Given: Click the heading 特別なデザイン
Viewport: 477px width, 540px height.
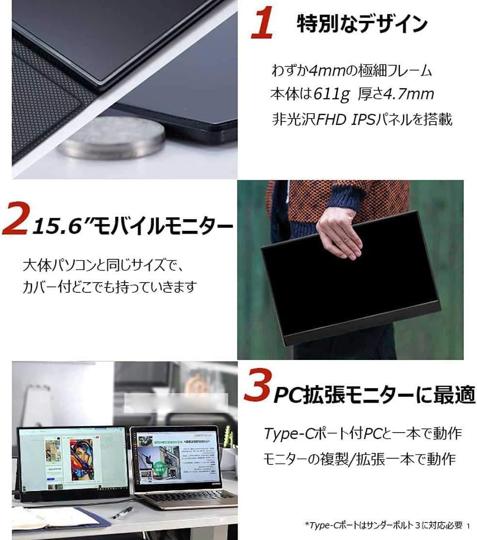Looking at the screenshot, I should (x=362, y=24).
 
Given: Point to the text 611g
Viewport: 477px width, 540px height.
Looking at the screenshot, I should (x=331, y=94).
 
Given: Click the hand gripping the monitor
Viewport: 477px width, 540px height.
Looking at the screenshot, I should (x=339, y=232).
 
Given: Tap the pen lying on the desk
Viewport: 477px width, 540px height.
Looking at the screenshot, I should (x=123, y=512).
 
